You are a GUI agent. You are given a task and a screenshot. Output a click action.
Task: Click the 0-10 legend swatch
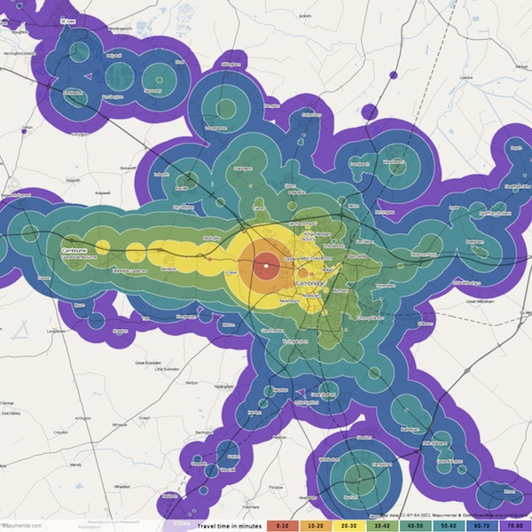pos(281,525)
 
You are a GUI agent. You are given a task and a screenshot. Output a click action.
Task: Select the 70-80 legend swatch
pos(514,525)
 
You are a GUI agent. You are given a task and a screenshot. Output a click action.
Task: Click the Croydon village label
pos(61,433)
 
